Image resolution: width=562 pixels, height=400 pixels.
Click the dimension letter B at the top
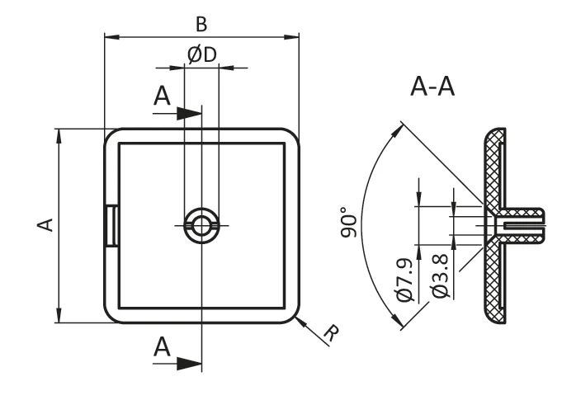point(201,22)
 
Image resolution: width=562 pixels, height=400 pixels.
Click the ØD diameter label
point(201,54)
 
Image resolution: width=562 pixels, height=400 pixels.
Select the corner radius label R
point(330,334)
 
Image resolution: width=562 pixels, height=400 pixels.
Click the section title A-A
point(433,87)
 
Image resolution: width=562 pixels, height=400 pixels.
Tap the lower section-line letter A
point(163,349)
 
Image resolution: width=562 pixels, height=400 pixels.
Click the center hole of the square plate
point(201,224)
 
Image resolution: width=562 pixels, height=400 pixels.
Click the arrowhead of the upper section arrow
point(195,113)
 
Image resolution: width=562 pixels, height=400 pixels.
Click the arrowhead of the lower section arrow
point(195,362)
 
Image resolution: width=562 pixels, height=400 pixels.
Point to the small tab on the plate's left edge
point(111,224)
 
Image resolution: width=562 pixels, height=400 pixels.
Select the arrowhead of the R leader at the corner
point(298,319)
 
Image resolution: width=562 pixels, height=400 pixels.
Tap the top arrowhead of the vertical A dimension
point(59,134)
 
